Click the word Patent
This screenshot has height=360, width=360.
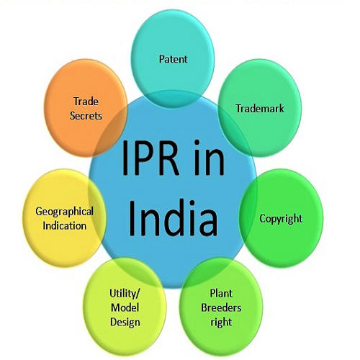coord(173,59)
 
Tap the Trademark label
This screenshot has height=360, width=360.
coord(260,109)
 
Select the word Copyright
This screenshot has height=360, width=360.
coord(281,219)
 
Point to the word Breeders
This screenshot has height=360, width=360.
coord(221,307)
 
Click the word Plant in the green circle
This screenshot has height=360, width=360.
coord(221,293)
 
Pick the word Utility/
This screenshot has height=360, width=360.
coord(125,294)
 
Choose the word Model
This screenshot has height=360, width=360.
coord(125,307)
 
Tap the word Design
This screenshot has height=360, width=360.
coord(125,323)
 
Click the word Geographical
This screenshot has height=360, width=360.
coord(64,212)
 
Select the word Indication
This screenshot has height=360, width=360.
coord(65,226)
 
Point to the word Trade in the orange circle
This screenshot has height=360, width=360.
coord(86,102)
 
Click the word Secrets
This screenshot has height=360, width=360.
coord(86,116)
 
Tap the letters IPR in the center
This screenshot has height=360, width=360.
coord(150,158)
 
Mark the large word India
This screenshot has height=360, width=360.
coord(174,218)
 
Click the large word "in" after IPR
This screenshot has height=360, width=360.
coord(209,157)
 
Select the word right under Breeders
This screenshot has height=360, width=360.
coord(221,323)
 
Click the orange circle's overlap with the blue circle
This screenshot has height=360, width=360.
coord(111,131)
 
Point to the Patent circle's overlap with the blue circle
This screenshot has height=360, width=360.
coord(172,99)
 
